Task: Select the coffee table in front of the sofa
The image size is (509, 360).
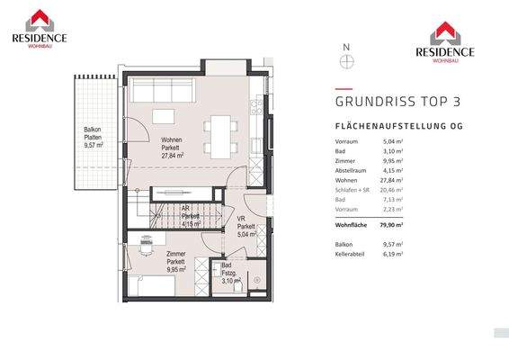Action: point(163,116)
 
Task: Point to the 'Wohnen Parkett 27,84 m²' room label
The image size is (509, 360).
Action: point(172,148)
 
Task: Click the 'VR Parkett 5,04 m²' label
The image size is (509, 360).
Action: point(246,226)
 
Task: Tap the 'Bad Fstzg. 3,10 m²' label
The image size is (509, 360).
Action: point(231,274)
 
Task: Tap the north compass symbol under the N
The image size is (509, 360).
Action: point(346,61)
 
